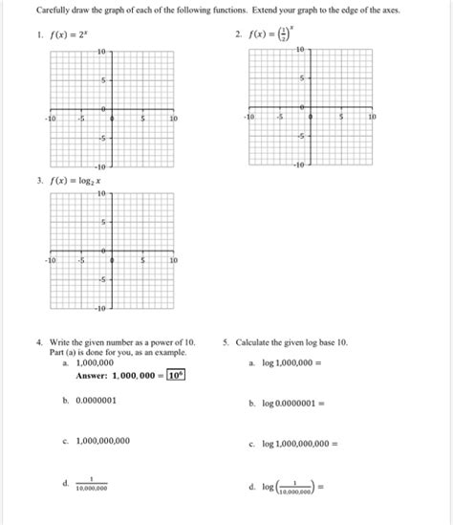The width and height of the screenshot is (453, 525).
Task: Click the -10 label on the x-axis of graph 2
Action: (249, 116)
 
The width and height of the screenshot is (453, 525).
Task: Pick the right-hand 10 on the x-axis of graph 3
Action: (173, 260)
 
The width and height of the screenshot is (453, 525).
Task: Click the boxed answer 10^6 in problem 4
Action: (175, 375)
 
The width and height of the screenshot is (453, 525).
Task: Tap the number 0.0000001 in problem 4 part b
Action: (91, 402)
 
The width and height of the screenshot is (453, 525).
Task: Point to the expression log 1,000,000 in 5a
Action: (294, 363)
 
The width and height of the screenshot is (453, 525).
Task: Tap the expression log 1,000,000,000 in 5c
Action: (301, 444)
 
